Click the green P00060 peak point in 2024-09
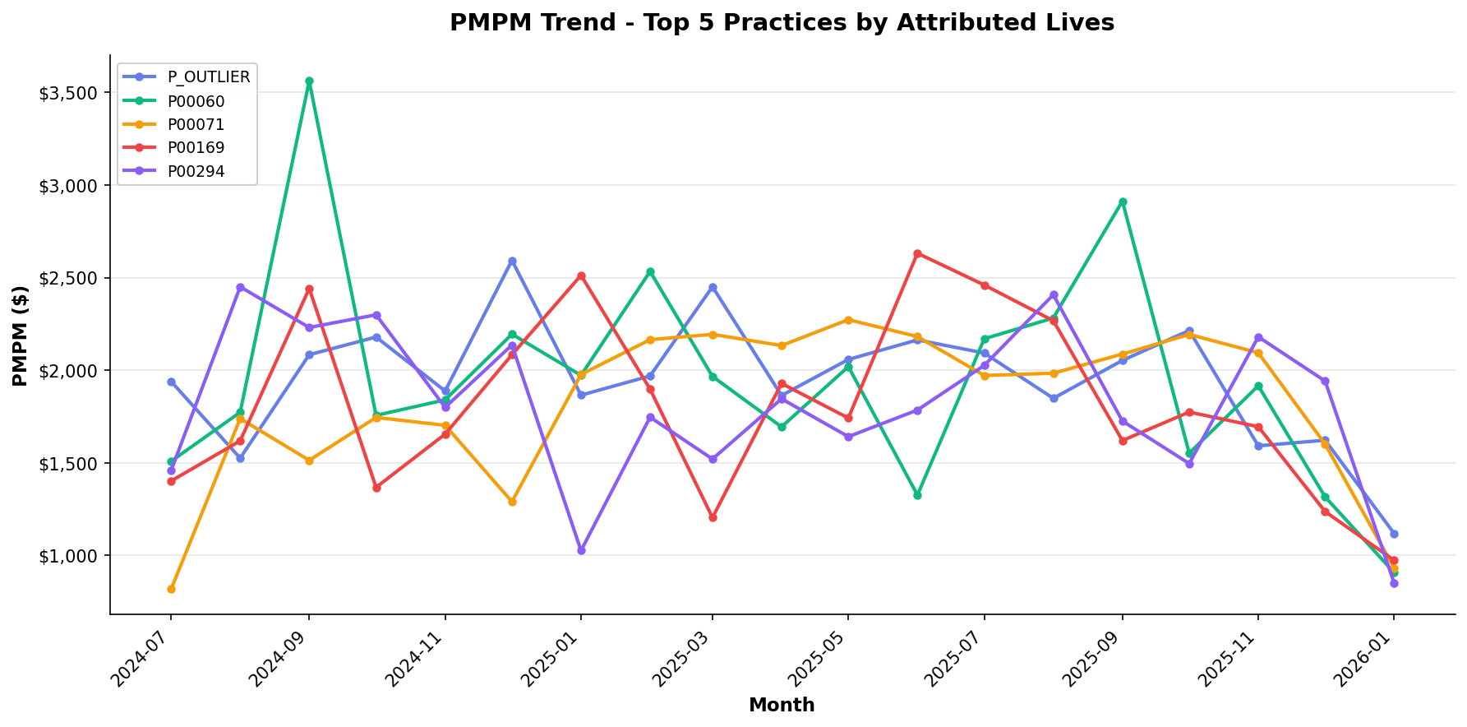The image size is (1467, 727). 309,81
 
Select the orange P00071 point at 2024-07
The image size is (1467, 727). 171,589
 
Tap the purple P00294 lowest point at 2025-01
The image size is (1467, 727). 581,550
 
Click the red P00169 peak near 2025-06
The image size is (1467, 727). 917,253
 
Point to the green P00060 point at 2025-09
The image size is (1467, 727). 1123,201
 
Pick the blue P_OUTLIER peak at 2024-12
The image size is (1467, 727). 512,261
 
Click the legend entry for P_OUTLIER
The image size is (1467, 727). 209,77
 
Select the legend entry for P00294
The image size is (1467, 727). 196,171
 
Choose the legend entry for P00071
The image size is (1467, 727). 196,124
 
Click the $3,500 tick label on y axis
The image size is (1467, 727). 68,93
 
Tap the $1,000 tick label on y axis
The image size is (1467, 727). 68,556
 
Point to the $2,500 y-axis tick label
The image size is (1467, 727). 68,278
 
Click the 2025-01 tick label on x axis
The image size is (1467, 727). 552,659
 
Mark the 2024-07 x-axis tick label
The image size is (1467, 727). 141,659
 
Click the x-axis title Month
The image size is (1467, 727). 782,706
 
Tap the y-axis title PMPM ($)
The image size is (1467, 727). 21,336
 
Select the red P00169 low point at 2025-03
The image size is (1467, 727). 713,517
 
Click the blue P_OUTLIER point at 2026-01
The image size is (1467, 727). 1394,534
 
